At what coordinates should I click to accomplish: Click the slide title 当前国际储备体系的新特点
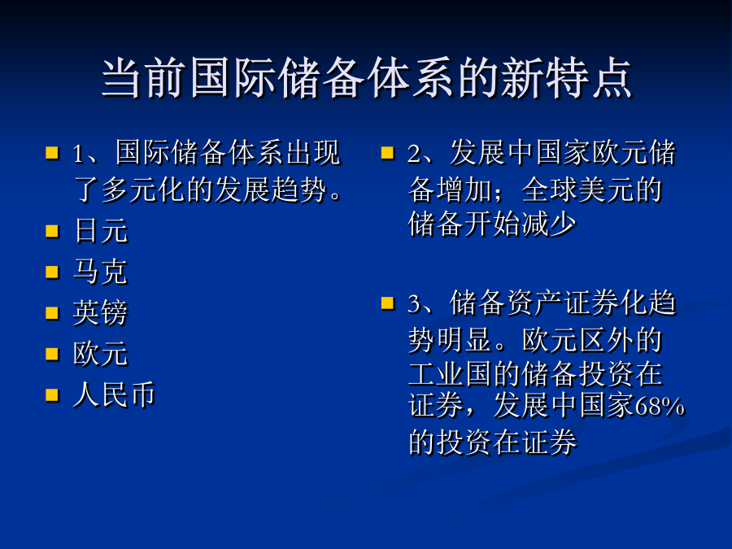pyautogui.click(x=367, y=77)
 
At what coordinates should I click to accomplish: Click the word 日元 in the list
pyautogui.click(x=101, y=231)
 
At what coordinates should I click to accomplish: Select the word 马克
pyautogui.click(x=100, y=272)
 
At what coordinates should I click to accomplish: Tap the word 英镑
pyautogui.click(x=100, y=312)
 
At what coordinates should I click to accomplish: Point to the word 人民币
pyautogui.click(x=115, y=395)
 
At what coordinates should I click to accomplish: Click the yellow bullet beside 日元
pyautogui.click(x=52, y=231)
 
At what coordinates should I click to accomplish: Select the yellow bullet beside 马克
pyautogui.click(x=52, y=272)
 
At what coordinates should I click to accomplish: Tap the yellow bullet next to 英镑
pyautogui.click(x=52, y=313)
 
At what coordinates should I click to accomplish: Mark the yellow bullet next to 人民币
pyautogui.click(x=52, y=395)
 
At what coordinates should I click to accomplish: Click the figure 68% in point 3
pyautogui.click(x=660, y=406)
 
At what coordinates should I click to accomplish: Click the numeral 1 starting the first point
pyautogui.click(x=78, y=154)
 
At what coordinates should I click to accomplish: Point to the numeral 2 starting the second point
pyautogui.click(x=414, y=154)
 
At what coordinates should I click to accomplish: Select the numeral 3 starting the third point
pyautogui.click(x=414, y=304)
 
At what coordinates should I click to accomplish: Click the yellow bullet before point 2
pyautogui.click(x=387, y=153)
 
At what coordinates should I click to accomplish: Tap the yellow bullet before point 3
pyautogui.click(x=387, y=303)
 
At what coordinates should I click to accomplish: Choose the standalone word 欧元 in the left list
pyautogui.click(x=100, y=354)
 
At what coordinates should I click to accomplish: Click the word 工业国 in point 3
pyautogui.click(x=451, y=373)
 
